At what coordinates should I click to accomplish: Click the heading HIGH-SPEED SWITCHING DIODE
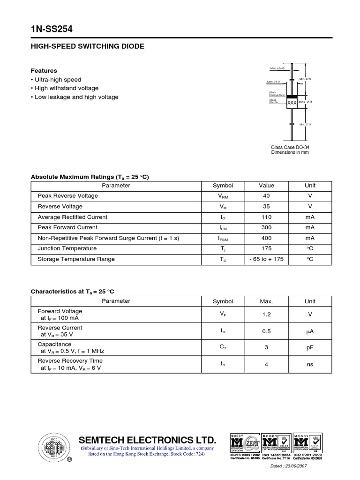point(87,46)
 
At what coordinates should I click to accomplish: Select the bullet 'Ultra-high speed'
point(58,80)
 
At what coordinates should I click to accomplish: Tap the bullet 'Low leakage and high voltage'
point(76,97)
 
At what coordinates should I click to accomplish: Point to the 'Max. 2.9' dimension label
point(305,102)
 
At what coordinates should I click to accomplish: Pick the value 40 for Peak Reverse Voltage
point(266,196)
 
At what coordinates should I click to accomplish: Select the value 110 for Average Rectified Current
point(266,217)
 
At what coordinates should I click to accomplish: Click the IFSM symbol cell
point(223,239)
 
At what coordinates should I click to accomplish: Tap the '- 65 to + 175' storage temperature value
point(266,259)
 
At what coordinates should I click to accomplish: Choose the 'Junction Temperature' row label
point(67,248)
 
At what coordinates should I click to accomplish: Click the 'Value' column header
point(266,186)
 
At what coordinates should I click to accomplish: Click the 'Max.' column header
point(266,301)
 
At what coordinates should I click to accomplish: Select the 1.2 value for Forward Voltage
point(266,315)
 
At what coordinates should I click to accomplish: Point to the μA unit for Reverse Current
point(309,331)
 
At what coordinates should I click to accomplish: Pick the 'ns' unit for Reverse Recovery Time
point(309,364)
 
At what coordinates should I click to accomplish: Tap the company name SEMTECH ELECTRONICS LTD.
point(148,440)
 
